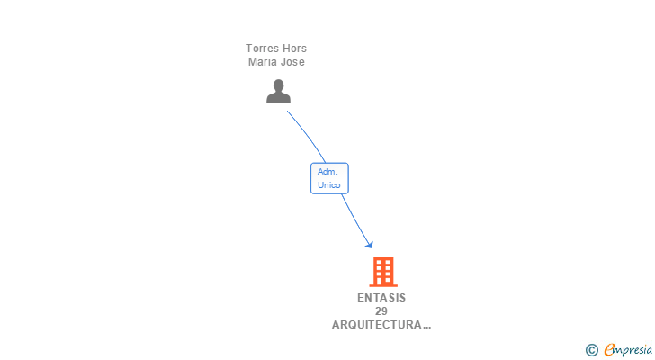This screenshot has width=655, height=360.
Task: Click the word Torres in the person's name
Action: tap(262, 49)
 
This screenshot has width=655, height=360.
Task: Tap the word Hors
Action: tap(294, 49)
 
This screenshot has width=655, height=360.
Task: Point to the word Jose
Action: tap(293, 62)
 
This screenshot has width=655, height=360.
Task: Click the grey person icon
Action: tap(278, 92)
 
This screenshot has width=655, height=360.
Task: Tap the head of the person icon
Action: tap(278, 85)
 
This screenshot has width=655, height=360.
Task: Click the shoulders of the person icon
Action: tap(278, 98)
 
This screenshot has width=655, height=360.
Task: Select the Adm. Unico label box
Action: tap(329, 178)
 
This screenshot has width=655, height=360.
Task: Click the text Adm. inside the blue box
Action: tap(328, 172)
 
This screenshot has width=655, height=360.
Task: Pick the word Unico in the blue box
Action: tap(329, 185)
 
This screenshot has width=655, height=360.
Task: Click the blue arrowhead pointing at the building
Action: tap(368, 243)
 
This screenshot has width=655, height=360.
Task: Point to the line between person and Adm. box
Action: tap(307, 135)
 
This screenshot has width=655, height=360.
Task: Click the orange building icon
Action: tap(382, 271)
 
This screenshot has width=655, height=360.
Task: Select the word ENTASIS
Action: tap(381, 298)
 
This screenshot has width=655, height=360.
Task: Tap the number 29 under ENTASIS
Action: tap(381, 311)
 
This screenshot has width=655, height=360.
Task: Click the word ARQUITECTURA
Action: tap(377, 325)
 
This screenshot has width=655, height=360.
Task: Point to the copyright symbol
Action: tap(592, 350)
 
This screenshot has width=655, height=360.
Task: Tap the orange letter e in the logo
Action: tap(609, 350)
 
